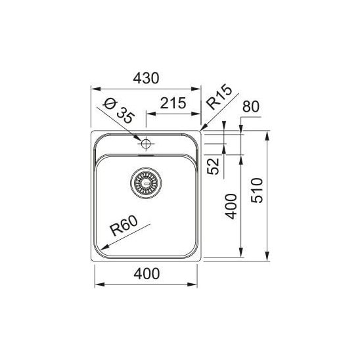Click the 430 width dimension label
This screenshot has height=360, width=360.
coord(146,78)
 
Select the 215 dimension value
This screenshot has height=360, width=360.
coord(173,103)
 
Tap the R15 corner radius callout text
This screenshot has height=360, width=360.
coord(219,97)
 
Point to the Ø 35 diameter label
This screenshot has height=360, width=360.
coord(118,111)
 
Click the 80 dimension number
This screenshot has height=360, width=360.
coord(251,106)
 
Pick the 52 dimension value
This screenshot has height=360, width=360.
coord(214,166)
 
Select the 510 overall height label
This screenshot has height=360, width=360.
coord(256,191)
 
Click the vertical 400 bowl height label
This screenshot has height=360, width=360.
coord(231,206)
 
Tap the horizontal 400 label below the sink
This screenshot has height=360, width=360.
coord(146,274)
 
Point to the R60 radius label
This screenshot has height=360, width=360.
coord(124,226)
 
